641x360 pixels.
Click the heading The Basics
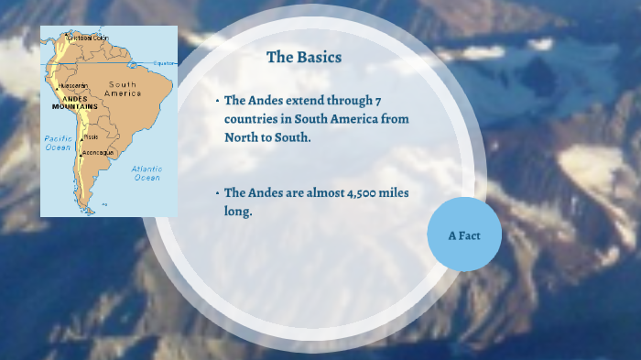point(303,58)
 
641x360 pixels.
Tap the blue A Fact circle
point(463,235)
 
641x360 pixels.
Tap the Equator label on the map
point(165,63)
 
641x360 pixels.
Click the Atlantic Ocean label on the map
point(147,173)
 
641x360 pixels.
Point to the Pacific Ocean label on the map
point(58,143)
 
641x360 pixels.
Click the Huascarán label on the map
point(72,86)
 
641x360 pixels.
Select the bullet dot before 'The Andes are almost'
point(217,193)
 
